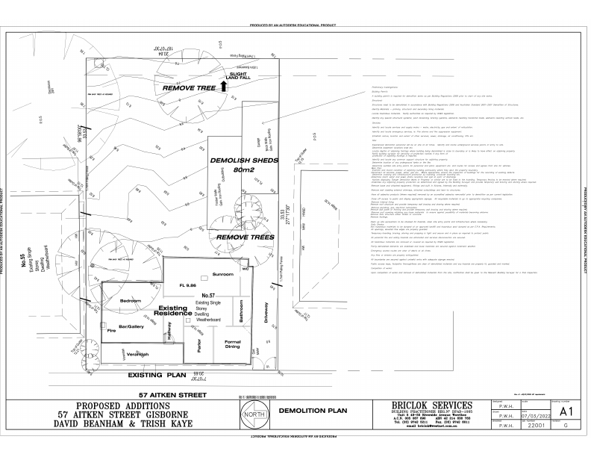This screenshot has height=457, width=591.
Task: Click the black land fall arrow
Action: point(222,87)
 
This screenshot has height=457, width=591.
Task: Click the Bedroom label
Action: point(132,301)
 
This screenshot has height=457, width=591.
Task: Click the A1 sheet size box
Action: point(566,411)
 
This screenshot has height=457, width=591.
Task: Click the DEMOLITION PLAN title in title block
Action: point(313,411)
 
